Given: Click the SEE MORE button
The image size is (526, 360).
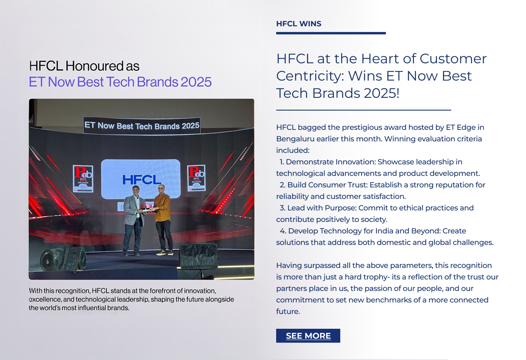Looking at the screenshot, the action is pos(308,336).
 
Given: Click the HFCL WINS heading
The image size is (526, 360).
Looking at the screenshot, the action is pos(298,24).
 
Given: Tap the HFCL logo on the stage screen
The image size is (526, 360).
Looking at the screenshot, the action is pos(142,180).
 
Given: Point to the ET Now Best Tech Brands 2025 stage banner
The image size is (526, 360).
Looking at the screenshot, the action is pos(142,126).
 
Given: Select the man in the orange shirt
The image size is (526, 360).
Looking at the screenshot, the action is pos(163,219).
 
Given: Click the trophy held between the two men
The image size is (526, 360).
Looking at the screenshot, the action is pos(144,207).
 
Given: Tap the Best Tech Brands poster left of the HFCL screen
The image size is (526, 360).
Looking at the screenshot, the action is pos(83,179).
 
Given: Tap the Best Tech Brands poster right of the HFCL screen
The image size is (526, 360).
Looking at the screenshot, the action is pos(196,178).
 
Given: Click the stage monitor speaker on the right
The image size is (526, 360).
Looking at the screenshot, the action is pos(199,256).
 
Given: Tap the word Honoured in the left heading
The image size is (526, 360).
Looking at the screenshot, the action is pos(95,66).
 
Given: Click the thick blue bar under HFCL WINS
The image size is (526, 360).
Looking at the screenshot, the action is pos(331,33).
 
